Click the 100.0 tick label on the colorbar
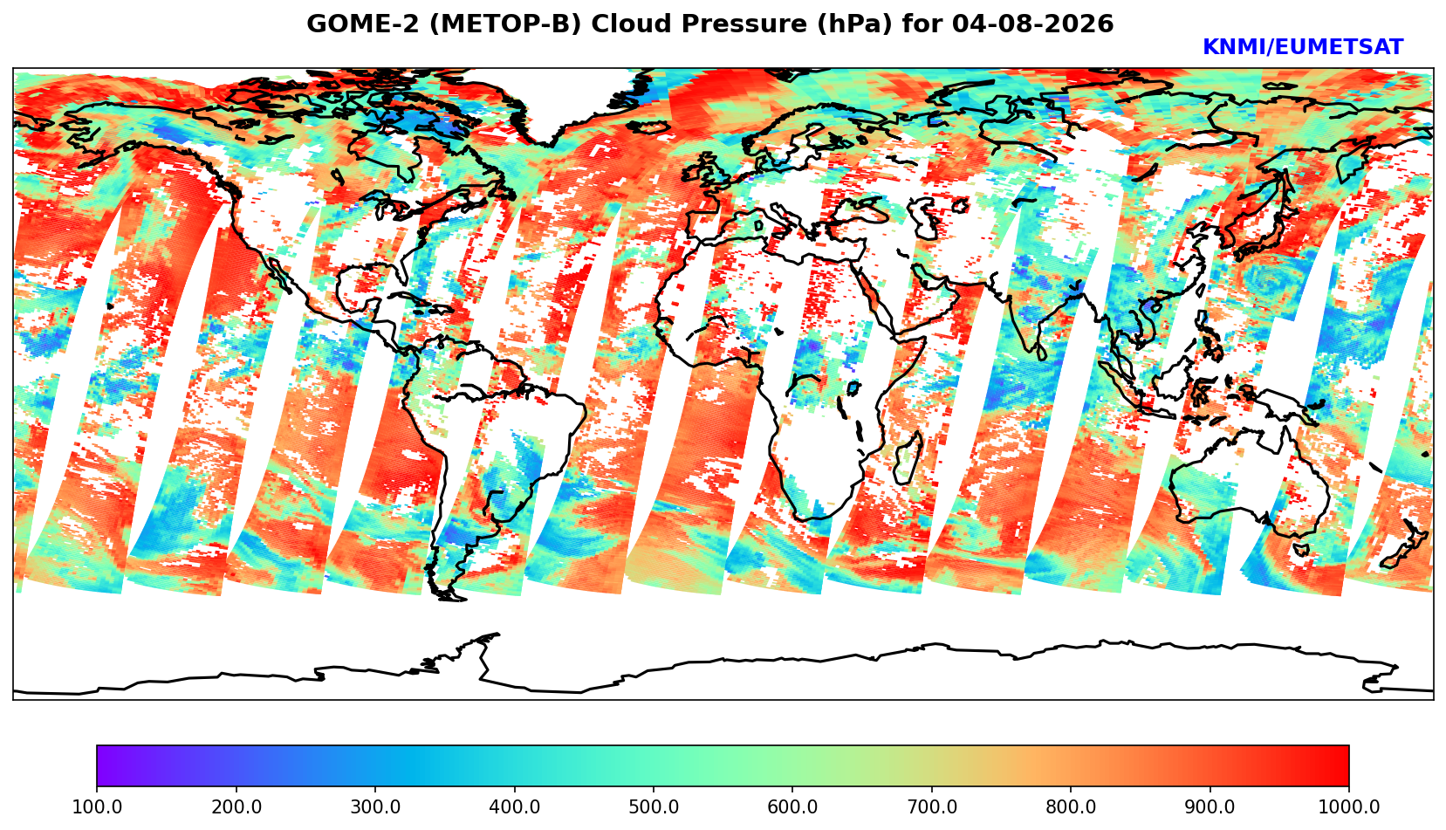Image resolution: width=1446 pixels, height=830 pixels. [x=96, y=806]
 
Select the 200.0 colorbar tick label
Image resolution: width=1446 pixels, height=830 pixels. [x=236, y=806]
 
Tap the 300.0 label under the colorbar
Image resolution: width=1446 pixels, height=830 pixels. [x=375, y=806]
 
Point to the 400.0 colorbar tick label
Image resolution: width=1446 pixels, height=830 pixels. [x=515, y=806]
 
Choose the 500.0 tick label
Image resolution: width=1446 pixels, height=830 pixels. [x=654, y=806]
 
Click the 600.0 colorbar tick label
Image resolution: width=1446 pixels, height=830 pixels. [x=792, y=806]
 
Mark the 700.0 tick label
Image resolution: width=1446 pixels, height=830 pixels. [x=931, y=806]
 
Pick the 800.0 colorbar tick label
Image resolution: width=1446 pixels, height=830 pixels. [x=1071, y=806]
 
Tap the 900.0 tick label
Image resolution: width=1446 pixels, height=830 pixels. [x=1210, y=806]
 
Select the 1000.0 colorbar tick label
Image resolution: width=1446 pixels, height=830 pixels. [x=1349, y=806]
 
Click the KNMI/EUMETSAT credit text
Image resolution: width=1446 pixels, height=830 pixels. [x=1303, y=47]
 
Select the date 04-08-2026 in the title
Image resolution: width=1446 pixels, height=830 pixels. [x=1032, y=24]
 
